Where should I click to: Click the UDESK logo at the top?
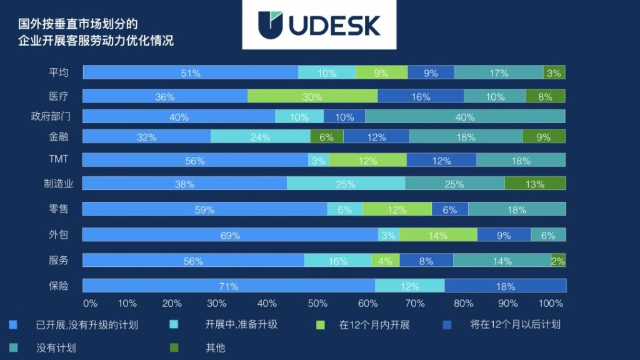pyautogui.click(x=319, y=25)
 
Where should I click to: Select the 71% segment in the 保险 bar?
pyautogui.click(x=229, y=286)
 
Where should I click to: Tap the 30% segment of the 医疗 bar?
pyautogui.click(x=312, y=96)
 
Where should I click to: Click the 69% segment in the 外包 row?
pyautogui.click(x=230, y=235)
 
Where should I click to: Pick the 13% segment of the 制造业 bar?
pyautogui.click(x=535, y=184)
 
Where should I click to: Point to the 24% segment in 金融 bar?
pyautogui.click(x=260, y=137)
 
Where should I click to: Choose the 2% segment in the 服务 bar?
pyautogui.click(x=558, y=261)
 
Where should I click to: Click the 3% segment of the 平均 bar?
pyautogui.click(x=554, y=72)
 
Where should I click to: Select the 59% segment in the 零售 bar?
pyautogui.click(x=204, y=209)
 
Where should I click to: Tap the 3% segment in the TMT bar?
pyautogui.click(x=318, y=161)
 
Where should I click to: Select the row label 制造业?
pyautogui.click(x=58, y=184)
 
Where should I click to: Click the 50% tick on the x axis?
pyautogui.click(x=317, y=303)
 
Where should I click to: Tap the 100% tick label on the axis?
pyautogui.click(x=551, y=303)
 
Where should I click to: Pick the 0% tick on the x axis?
pyautogui.click(x=90, y=303)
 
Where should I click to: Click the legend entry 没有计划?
pyautogui.click(x=56, y=347)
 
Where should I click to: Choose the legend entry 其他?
pyautogui.click(x=215, y=347)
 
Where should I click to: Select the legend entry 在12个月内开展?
pyautogui.click(x=374, y=325)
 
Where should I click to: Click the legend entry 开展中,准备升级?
pyautogui.click(x=241, y=325)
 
